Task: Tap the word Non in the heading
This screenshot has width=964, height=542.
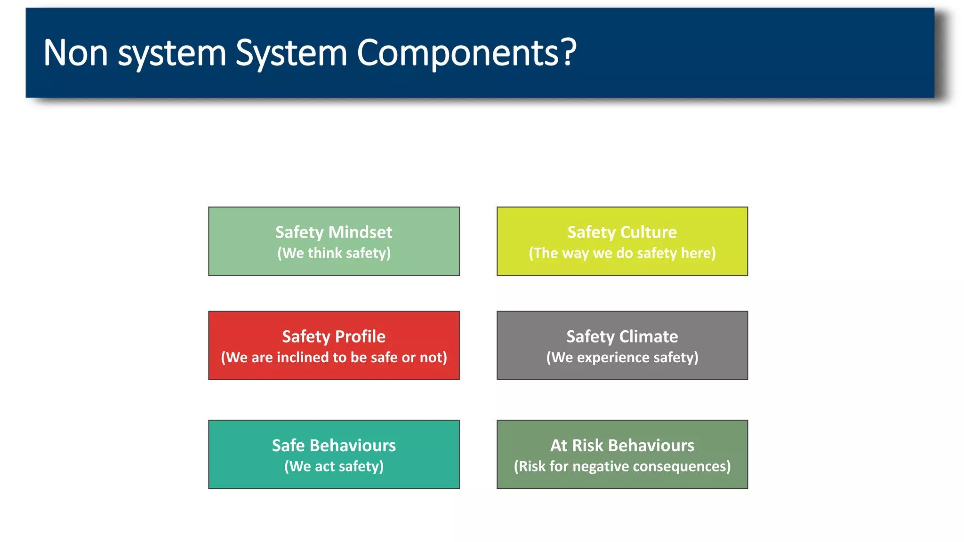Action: click(75, 53)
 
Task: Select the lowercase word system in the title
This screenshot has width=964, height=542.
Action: click(172, 55)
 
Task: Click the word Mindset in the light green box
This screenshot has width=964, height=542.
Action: click(360, 232)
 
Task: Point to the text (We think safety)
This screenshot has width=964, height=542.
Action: click(334, 253)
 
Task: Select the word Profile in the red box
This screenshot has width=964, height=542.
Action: click(360, 336)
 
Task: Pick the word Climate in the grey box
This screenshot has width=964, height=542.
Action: click(649, 336)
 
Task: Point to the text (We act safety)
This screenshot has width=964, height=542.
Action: click(334, 466)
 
